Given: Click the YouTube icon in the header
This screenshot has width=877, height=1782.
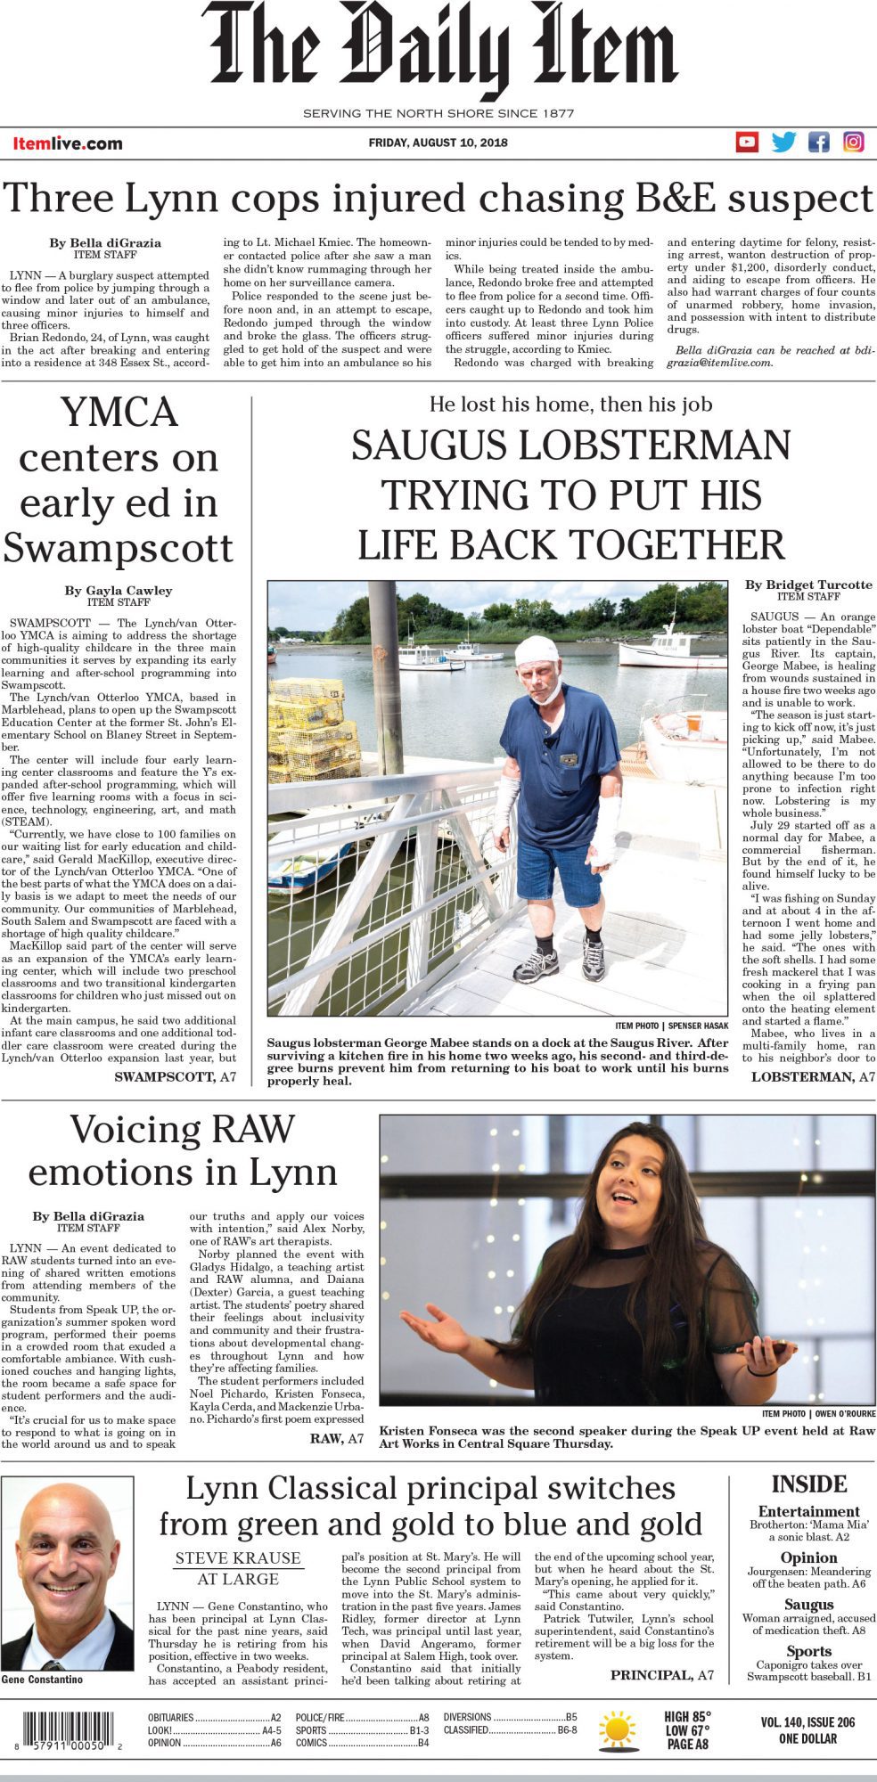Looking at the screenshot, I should coord(747,142).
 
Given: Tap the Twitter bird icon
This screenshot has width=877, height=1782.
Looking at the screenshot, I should coord(783,142).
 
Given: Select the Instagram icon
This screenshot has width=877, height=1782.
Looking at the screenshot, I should coord(854,142).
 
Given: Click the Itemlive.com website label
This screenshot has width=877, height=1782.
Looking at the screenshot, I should coord(68,143).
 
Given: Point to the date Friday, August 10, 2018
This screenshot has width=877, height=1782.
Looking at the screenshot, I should coord(438,143).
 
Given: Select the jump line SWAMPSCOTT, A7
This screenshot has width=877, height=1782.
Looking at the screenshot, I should coord(176,1076).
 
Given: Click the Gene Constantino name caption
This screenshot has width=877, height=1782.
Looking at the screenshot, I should coord(42,1679).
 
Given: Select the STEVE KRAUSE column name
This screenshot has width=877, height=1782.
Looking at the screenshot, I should coord(238,1557).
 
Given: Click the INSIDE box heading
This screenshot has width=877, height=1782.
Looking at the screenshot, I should coord(808,1484).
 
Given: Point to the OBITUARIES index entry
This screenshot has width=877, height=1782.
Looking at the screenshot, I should coord(170,1717).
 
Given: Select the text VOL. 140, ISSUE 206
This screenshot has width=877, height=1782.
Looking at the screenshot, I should coord(807,1722).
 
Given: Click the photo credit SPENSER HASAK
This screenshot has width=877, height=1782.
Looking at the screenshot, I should coord(698,1026).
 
